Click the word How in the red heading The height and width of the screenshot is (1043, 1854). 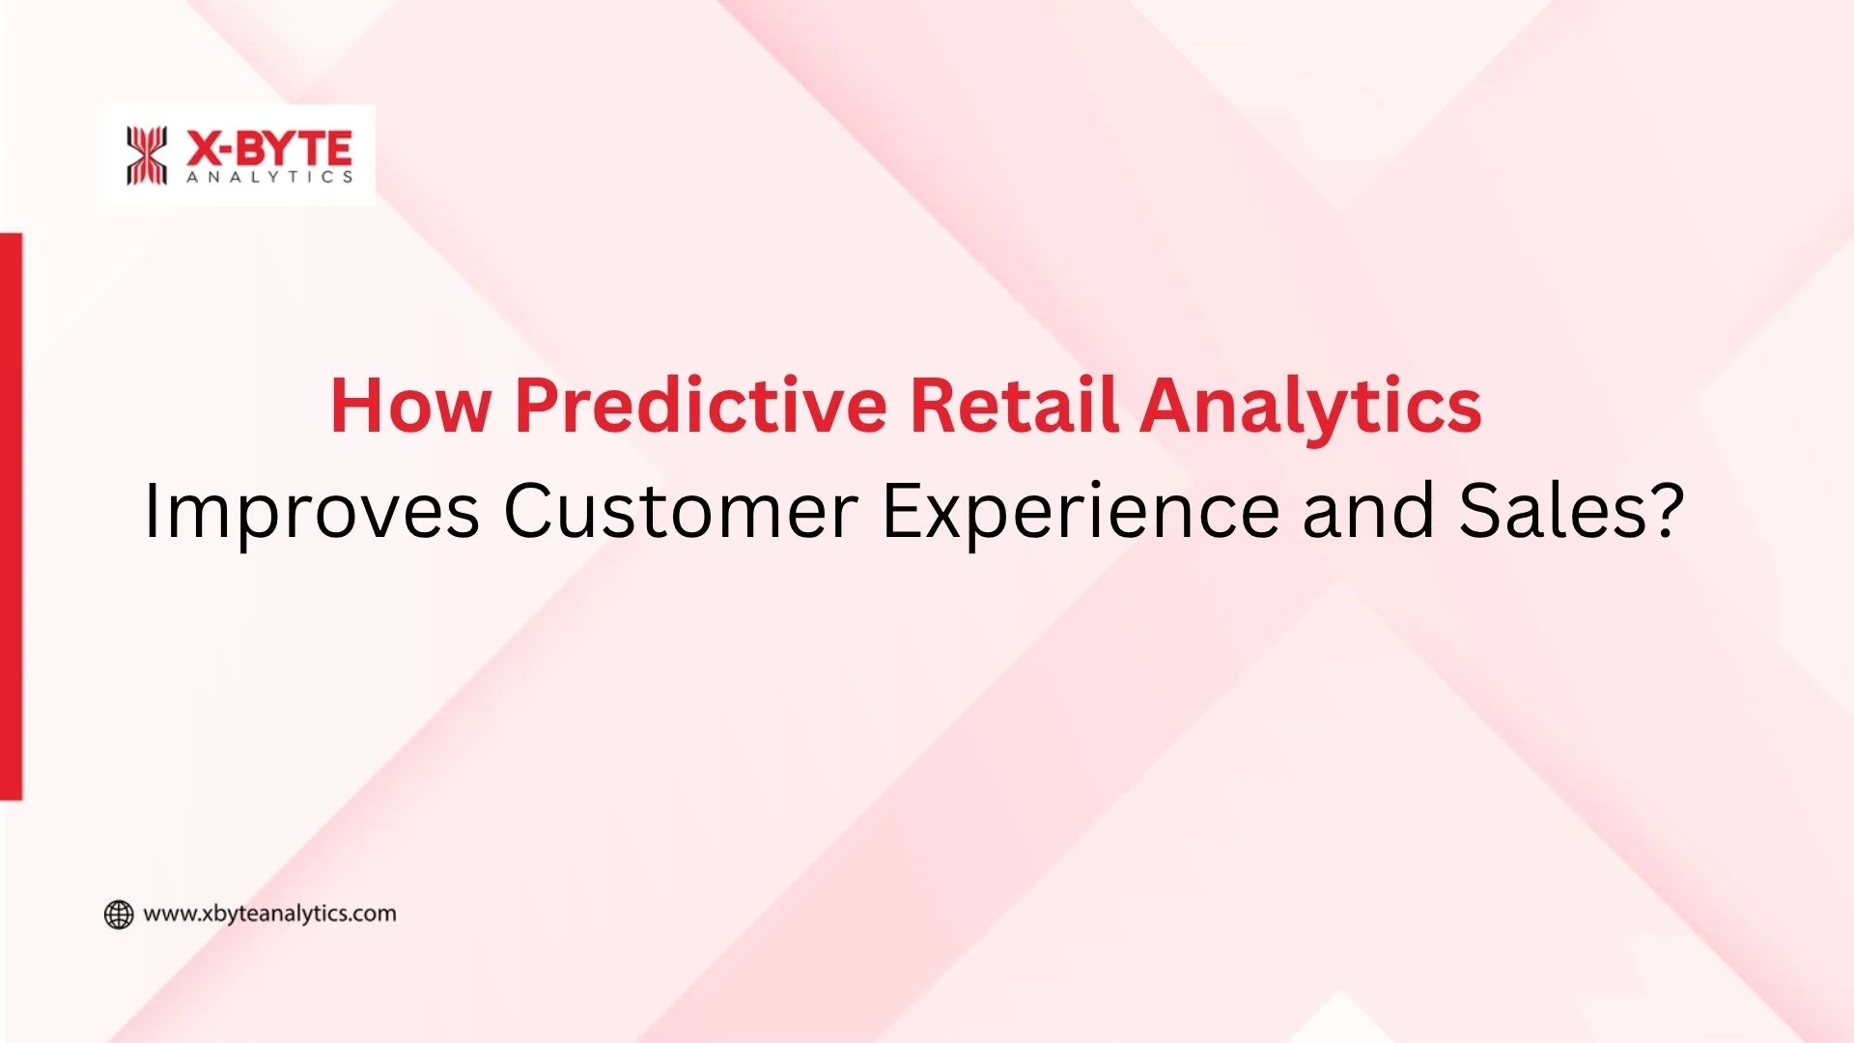click(410, 406)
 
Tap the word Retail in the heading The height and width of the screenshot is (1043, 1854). click(1014, 406)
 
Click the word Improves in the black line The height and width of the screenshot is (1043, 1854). click(311, 512)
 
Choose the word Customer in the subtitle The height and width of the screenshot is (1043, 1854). click(681, 512)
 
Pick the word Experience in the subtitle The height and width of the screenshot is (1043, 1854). click(1081, 512)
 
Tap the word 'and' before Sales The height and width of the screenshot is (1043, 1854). click(1368, 512)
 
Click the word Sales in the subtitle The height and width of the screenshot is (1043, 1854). click(1550, 512)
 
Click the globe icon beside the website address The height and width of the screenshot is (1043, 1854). click(119, 915)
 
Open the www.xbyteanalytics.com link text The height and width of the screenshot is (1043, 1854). click(269, 914)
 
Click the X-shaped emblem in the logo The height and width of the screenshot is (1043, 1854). click(147, 155)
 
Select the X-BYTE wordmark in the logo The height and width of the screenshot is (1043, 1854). click(269, 149)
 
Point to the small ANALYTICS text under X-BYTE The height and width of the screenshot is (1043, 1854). click(269, 178)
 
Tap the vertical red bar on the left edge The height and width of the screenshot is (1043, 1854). click(11, 517)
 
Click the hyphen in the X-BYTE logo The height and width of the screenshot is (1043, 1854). click(229, 151)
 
